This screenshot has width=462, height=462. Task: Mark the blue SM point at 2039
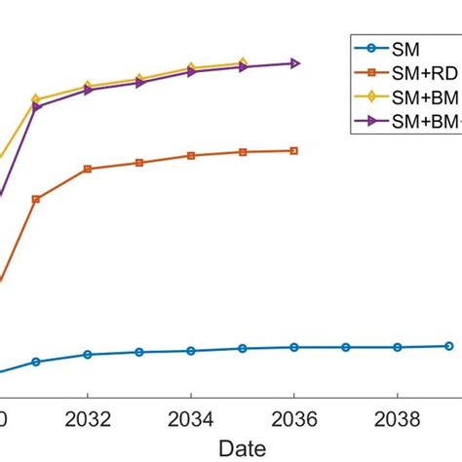(x=448, y=346)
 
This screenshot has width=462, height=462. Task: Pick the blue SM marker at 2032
(x=88, y=355)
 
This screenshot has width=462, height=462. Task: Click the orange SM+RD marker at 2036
(x=293, y=150)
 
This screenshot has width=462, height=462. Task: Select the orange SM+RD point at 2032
(x=88, y=169)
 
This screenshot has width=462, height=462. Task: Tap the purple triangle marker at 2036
(x=293, y=63)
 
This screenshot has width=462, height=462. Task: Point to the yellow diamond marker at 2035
(x=243, y=63)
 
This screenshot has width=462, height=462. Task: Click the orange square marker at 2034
(x=191, y=155)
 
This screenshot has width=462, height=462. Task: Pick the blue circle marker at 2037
(x=345, y=347)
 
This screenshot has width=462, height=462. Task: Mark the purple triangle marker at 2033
(x=139, y=83)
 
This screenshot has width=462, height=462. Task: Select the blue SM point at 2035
(x=243, y=348)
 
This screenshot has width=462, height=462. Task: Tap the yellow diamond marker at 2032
(x=88, y=86)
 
